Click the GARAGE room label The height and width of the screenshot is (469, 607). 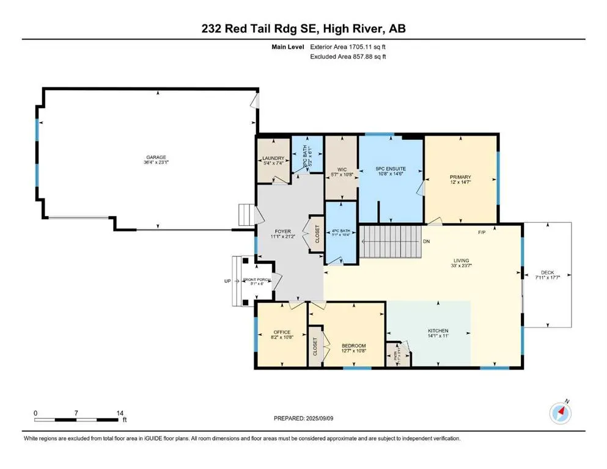(155, 157)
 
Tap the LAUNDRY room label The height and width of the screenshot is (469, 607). (270, 158)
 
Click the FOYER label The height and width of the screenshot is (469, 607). (282, 231)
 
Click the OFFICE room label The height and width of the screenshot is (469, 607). (281, 333)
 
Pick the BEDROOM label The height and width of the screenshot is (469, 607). (353, 346)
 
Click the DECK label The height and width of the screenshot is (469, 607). (547, 273)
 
